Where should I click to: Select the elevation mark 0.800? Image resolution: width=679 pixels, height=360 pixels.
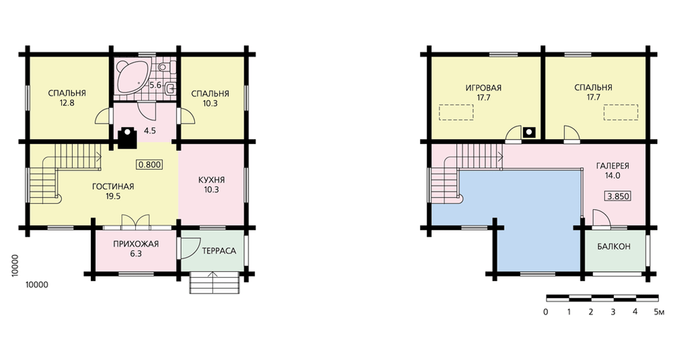coord(150,164)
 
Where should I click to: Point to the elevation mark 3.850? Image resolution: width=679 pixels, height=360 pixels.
coord(617,196)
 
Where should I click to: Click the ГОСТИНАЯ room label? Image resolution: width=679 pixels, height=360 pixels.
coord(113,187)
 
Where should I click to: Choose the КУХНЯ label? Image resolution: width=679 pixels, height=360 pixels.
coord(211,180)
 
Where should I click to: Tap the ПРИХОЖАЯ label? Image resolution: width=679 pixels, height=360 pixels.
coord(136,244)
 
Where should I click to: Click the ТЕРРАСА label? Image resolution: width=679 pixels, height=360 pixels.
coord(219,251)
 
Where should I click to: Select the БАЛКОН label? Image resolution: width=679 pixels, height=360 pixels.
coord(614,247)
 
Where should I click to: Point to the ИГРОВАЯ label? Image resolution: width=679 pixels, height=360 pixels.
coord(483,88)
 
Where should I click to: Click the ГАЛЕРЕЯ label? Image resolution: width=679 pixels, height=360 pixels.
coord(613,166)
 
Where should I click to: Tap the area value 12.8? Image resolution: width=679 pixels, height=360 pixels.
coord(67,103)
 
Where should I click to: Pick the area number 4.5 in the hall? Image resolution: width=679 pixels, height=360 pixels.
coord(150,130)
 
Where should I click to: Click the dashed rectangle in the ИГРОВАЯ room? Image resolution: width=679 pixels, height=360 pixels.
coord(456,112)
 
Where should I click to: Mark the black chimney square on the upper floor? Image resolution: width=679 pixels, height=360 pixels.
coord(529,132)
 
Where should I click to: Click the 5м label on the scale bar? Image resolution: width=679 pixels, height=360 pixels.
coord(659,312)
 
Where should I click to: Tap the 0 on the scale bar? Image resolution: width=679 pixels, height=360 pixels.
coord(546,312)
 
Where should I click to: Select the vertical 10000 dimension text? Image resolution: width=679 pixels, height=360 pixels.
coord(15,265)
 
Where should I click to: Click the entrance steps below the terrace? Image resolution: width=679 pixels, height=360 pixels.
coord(215,283)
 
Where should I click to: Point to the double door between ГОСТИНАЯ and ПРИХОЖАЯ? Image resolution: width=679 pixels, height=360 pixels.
coord(136,221)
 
